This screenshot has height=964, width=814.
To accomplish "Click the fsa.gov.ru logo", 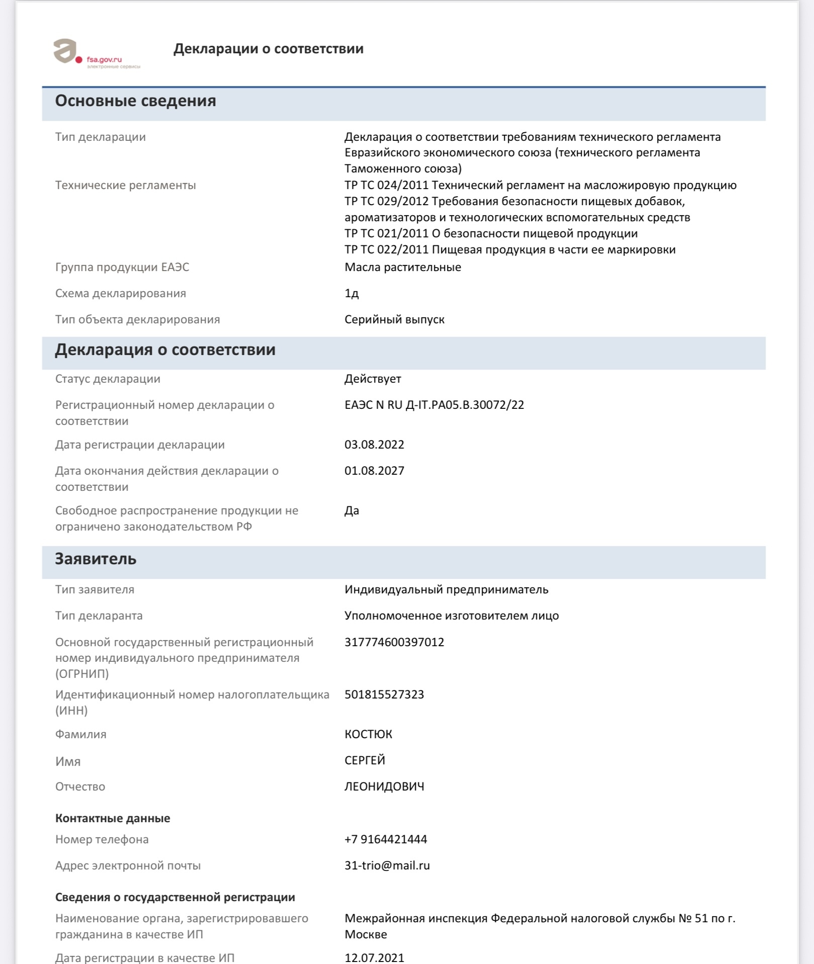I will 96,53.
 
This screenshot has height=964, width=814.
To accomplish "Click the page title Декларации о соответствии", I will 268,49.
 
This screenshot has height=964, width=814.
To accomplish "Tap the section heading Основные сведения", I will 135,101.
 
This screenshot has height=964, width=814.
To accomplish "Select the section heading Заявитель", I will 96,559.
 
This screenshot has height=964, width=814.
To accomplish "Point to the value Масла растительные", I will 403,267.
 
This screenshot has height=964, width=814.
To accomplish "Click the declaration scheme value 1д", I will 351,293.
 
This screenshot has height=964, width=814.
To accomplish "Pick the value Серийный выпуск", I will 394,319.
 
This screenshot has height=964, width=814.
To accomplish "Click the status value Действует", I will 373,379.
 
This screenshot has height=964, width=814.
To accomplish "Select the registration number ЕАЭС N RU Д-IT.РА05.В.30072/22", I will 434,405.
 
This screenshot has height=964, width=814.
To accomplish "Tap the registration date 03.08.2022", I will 374,445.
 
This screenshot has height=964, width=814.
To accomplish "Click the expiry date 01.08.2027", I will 374,471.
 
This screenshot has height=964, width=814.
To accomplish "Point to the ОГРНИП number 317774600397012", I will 394,642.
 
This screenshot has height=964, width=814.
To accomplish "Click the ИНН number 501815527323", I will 384,694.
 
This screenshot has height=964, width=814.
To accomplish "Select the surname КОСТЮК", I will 368,734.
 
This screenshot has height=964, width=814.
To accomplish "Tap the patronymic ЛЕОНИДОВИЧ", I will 384,786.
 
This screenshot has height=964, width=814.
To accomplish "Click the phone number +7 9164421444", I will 386,839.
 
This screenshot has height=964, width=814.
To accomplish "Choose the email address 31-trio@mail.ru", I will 387,865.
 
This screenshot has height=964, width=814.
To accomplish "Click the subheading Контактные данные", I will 113,818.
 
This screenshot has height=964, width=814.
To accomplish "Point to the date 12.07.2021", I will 374,957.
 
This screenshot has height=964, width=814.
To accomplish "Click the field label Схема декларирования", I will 121,293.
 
